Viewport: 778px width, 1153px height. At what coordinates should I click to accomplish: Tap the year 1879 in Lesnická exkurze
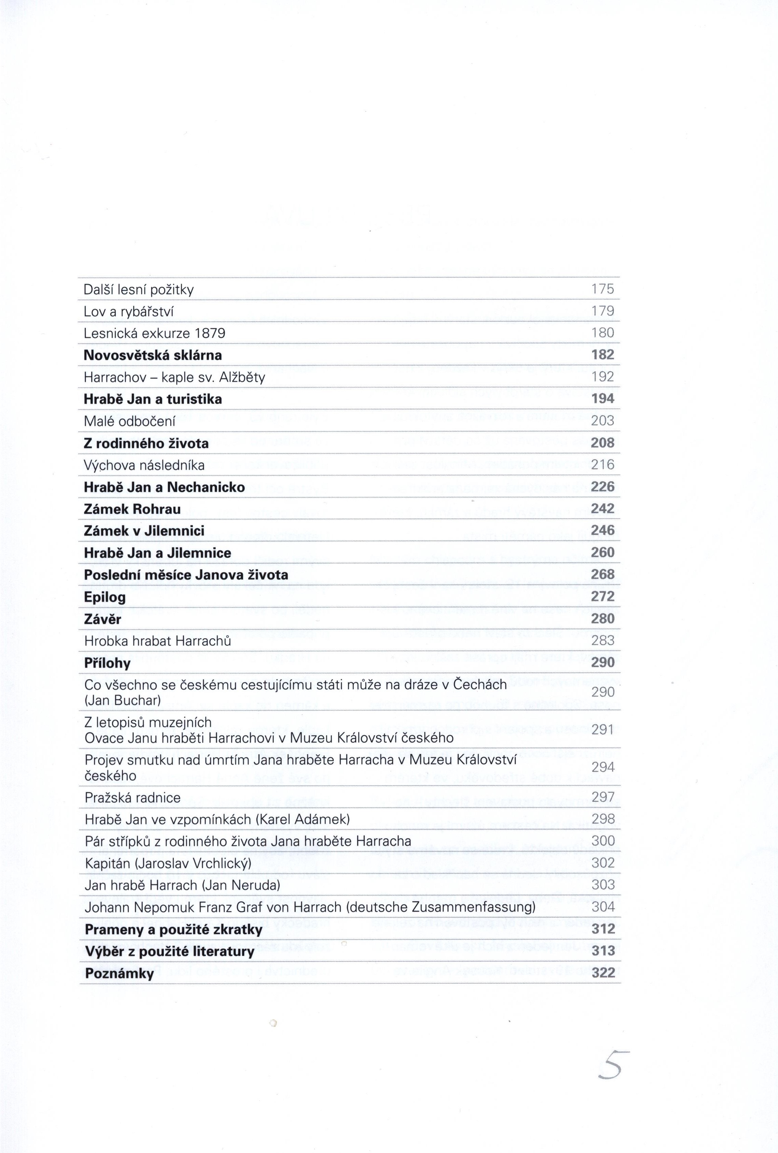coord(210,333)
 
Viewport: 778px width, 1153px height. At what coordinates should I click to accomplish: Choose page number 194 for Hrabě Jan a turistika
coord(603,398)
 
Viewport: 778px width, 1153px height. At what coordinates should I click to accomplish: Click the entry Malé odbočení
coord(129,421)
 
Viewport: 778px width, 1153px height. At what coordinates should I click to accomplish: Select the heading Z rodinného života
coord(146,443)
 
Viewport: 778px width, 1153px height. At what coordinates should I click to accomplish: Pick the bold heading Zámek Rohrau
coord(132,509)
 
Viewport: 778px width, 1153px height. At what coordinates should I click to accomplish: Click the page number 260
coord(603,552)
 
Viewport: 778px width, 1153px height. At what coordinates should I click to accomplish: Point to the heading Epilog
coord(105,597)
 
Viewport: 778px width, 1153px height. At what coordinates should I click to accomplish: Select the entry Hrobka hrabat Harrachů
coord(158,641)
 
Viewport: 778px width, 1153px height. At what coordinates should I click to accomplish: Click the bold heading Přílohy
coord(108,663)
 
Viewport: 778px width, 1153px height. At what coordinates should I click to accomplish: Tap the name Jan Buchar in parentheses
coord(123,700)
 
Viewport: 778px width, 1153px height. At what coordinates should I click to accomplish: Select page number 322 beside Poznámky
coord(603,973)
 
